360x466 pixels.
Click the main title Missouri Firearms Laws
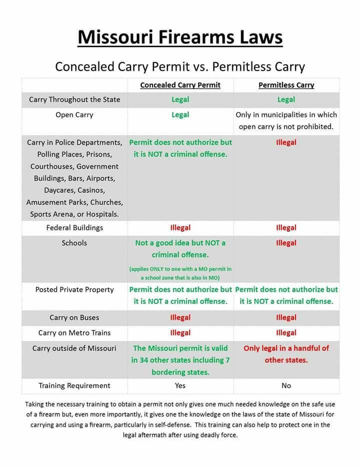tap(180, 37)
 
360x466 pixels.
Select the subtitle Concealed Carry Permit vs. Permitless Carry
tap(180, 67)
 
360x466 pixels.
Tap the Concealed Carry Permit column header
tap(180, 85)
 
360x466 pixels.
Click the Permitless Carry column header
tap(286, 85)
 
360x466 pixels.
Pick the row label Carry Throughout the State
tap(74, 100)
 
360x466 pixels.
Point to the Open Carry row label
tap(74, 115)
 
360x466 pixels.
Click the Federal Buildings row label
tap(74, 228)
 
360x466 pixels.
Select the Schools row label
tap(74, 243)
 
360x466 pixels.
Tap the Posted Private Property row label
tap(74, 290)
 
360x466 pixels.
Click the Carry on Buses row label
tap(74, 317)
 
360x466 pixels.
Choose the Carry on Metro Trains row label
tap(74, 333)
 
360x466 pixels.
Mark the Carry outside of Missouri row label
tap(74, 348)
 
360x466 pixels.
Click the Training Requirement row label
tap(74, 386)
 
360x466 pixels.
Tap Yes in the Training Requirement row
tap(180, 386)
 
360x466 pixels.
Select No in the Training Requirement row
tap(286, 386)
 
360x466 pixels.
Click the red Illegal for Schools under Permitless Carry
tap(286, 243)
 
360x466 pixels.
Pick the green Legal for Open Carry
tap(180, 115)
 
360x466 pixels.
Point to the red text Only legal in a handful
tap(286, 348)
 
